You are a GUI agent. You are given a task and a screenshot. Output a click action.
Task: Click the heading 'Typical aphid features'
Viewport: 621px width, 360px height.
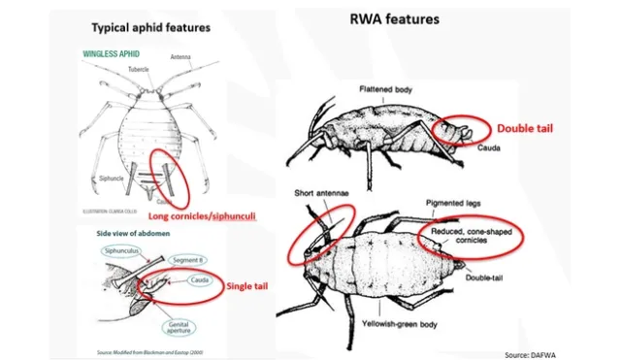[x=150, y=26]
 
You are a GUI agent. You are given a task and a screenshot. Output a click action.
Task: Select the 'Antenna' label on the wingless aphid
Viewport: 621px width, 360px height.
[x=181, y=56]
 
